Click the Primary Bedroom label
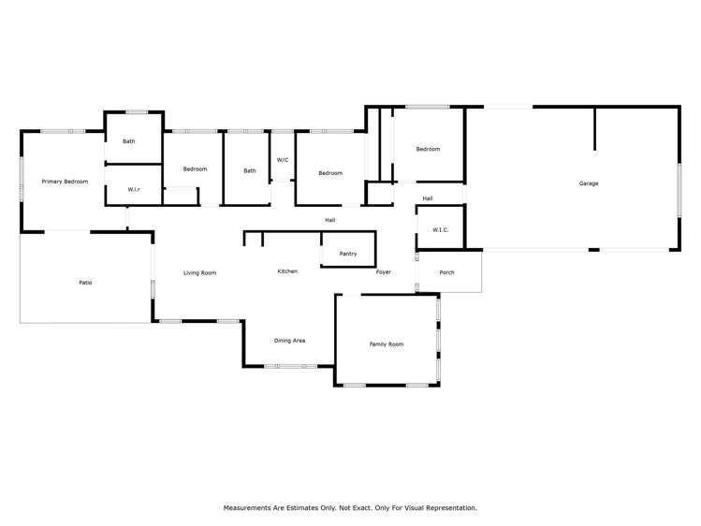click(x=65, y=182)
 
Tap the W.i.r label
click(x=134, y=190)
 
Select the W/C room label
click(x=282, y=159)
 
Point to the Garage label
click(x=588, y=183)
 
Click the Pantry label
click(x=347, y=254)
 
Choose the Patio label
click(x=85, y=283)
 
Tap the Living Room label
click(x=199, y=273)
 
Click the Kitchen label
click(x=287, y=271)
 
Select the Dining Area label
click(x=289, y=341)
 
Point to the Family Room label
click(x=386, y=344)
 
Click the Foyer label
click(x=384, y=272)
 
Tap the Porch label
click(x=446, y=273)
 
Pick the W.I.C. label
click(x=441, y=230)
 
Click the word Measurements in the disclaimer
click(x=248, y=508)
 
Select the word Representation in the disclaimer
click(x=452, y=508)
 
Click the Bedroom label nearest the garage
click(x=428, y=150)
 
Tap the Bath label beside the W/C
click(x=250, y=170)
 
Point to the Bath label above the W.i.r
click(x=128, y=141)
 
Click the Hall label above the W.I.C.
click(x=427, y=198)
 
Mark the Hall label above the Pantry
click(x=329, y=220)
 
